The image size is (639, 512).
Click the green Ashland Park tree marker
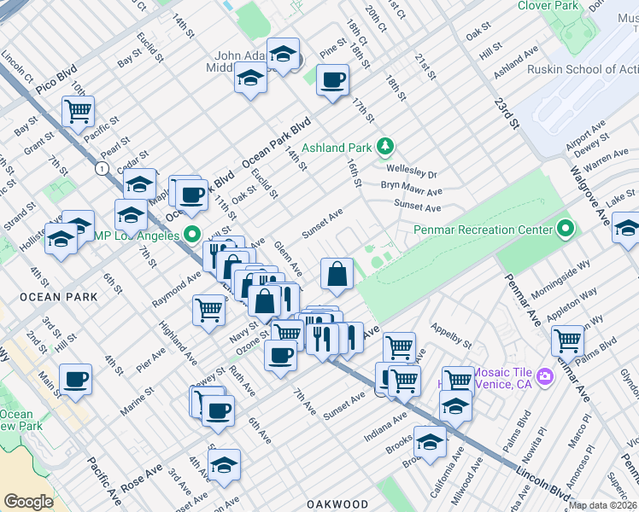pyautogui.click(x=385, y=147)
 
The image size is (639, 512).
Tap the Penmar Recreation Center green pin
pyautogui.click(x=565, y=229)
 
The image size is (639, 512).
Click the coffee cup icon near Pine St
pyautogui.click(x=332, y=80)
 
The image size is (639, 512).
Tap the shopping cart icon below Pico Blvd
pyautogui.click(x=78, y=110)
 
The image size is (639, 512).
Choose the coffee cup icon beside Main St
pyautogui.click(x=75, y=379)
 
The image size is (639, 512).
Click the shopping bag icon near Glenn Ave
pyautogui.click(x=337, y=273)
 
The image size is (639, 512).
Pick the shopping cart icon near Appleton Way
pyautogui.click(x=567, y=340)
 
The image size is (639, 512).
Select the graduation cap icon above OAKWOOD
pyautogui.click(x=224, y=465)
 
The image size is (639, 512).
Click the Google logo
pyautogui.click(x=28, y=502)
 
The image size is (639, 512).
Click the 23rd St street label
pyautogui.click(x=506, y=111)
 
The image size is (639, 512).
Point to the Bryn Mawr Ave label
pyautogui.click(x=412, y=191)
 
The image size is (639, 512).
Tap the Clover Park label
pyautogui.click(x=546, y=6)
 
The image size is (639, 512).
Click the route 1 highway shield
pyautogui.click(x=103, y=169)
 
